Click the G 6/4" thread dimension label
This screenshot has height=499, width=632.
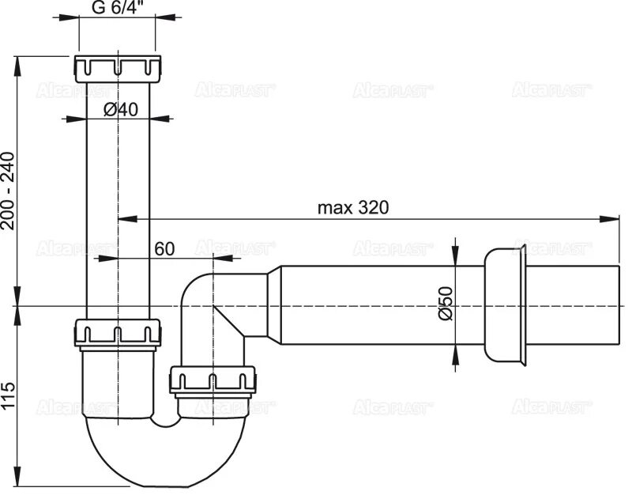pos(118,10)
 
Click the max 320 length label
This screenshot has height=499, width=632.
pos(353,207)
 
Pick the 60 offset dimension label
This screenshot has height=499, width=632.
pos(164,248)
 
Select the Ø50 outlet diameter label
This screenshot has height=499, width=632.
pos(445,303)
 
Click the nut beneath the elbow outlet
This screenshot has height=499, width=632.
pos(213,381)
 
